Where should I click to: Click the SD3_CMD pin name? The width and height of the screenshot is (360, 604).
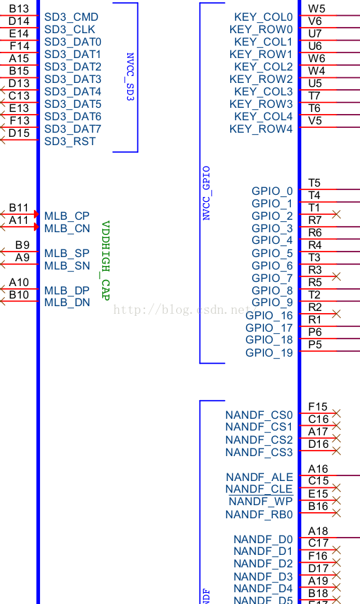click(71, 17)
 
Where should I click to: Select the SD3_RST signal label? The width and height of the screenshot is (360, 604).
click(70, 141)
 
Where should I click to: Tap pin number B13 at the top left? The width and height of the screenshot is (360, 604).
click(19, 8)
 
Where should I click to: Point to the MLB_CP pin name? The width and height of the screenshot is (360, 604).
click(67, 216)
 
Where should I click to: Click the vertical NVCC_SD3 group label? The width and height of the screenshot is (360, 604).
click(130, 77)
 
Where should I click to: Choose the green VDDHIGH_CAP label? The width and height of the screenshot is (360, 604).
click(106, 261)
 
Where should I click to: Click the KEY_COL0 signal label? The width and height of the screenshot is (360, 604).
click(263, 17)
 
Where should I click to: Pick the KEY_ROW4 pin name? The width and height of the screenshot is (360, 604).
click(260, 129)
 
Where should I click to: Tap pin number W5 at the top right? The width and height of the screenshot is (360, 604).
click(317, 8)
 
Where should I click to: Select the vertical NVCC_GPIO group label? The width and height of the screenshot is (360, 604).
click(206, 193)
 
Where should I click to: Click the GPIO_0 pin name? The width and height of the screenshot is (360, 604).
click(272, 191)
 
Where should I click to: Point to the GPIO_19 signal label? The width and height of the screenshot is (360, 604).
click(269, 352)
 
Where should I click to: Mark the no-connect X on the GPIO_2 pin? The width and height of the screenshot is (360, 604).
click(337, 215)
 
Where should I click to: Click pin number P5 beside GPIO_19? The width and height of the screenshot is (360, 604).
click(315, 344)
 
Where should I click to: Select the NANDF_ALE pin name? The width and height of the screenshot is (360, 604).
click(259, 477)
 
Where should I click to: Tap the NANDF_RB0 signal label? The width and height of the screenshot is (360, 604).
click(259, 514)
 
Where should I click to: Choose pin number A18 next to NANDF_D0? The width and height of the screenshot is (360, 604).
click(318, 531)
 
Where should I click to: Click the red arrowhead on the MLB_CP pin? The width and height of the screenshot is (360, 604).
click(36, 215)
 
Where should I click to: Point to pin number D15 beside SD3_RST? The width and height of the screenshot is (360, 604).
click(19, 133)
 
